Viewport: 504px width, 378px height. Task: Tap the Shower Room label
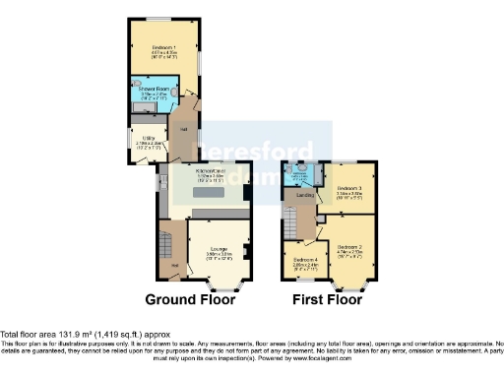click(x=154, y=90)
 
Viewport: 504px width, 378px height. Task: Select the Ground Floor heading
click(x=196, y=298)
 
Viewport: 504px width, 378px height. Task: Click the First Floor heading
click(x=330, y=298)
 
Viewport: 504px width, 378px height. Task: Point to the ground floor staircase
click(x=169, y=241)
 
